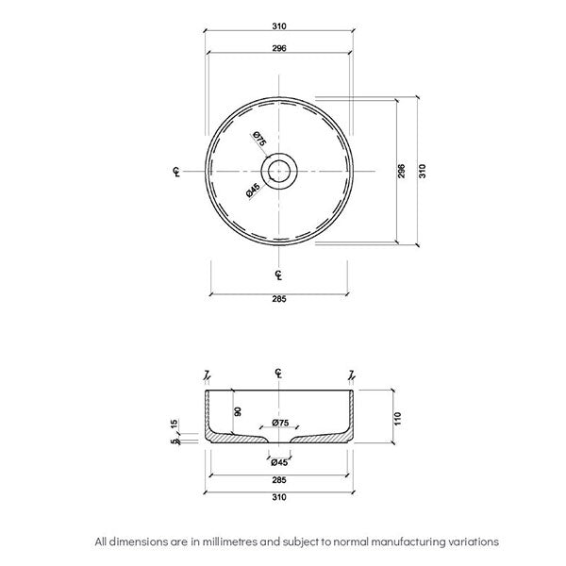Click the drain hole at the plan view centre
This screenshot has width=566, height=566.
tap(279, 171)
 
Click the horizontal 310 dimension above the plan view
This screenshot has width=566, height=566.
tap(279, 26)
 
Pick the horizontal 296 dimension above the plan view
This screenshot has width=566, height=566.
tap(279, 47)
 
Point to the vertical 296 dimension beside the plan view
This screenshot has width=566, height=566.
tap(402, 171)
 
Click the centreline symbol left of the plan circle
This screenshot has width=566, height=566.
tap(176, 171)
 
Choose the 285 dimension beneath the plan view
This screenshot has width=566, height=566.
tap(279, 299)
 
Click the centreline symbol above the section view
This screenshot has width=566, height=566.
tap(279, 374)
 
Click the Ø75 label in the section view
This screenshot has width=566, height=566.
tap(279, 423)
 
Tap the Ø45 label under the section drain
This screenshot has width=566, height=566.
tap(279, 462)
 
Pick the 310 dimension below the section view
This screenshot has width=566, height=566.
tap(279, 499)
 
